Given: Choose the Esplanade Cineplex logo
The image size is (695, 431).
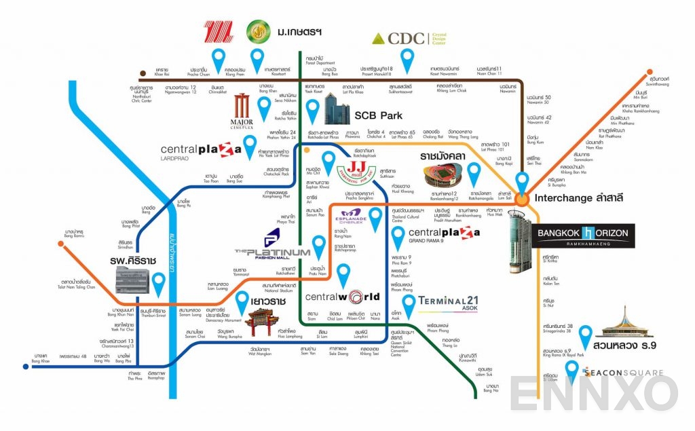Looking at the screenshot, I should click(x=352, y=221).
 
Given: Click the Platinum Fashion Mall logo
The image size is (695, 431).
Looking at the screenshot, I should click(x=271, y=244).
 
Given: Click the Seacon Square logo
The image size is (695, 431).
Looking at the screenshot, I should click(x=614, y=372).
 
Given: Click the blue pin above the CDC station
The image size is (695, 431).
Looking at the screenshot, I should click(x=407, y=61).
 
